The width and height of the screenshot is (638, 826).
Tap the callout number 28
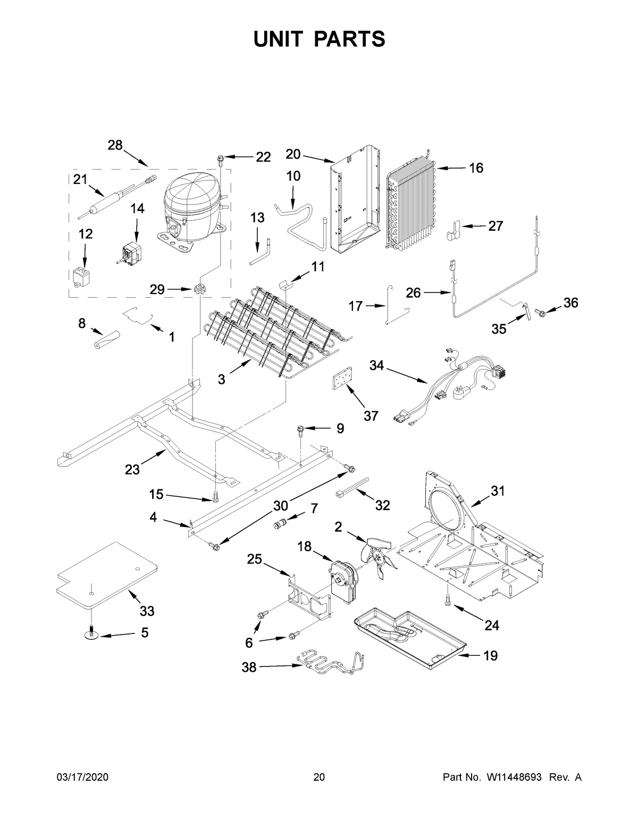coord(115,145)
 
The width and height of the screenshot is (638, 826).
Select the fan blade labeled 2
coord(379,556)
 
